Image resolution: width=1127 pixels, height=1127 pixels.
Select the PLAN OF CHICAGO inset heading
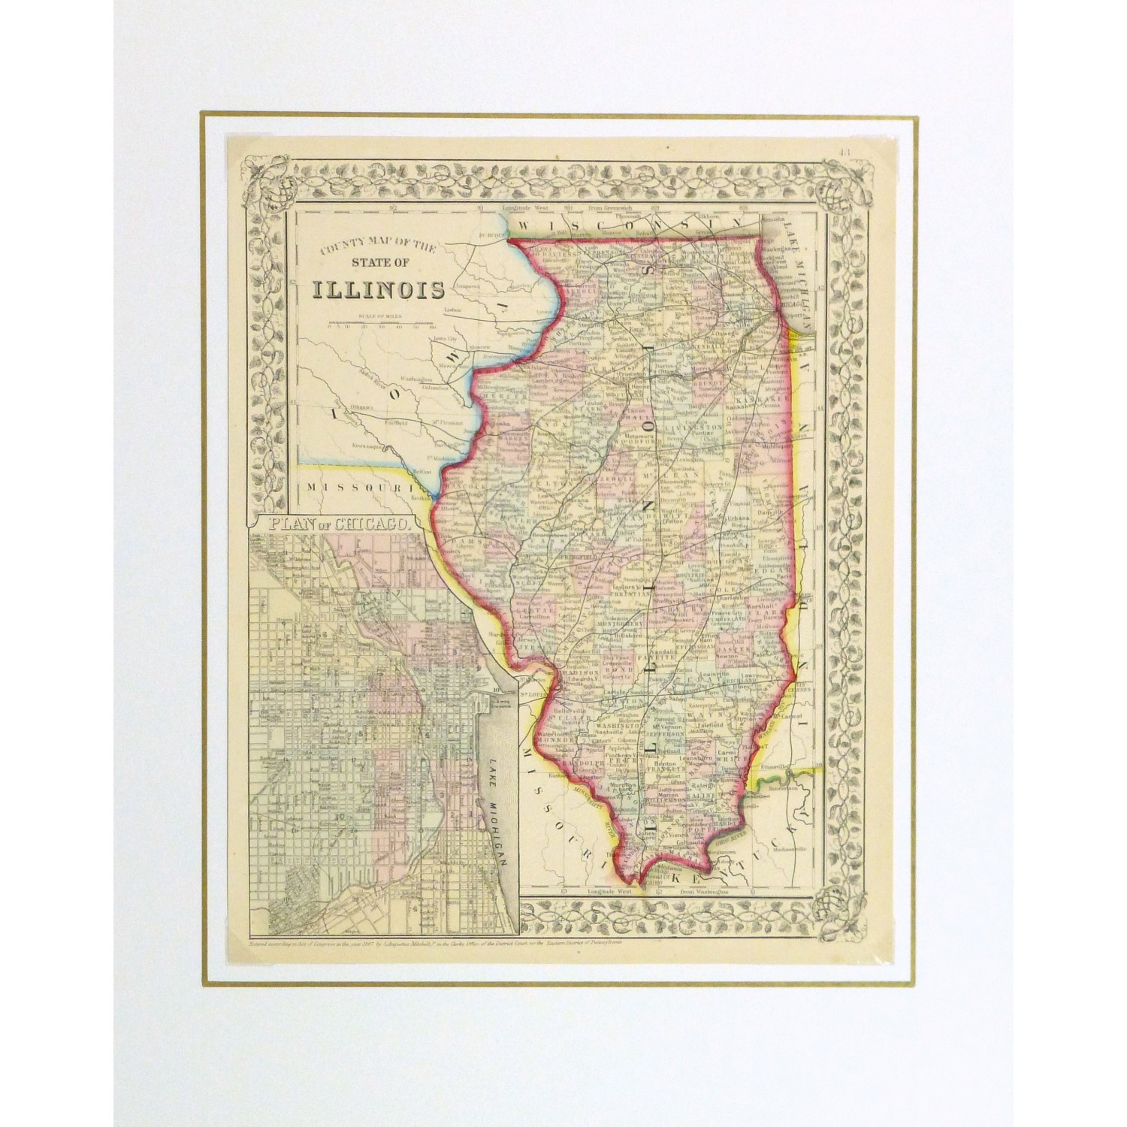[332, 524]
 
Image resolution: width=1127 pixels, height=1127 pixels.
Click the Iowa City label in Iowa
[442, 340]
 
